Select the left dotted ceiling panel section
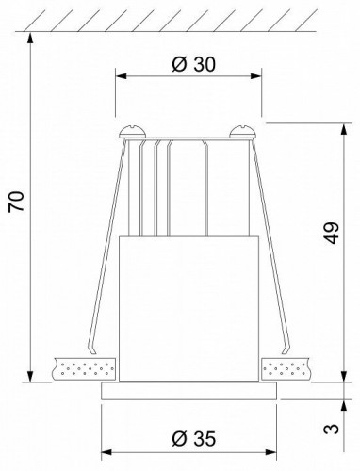click(x=85, y=369)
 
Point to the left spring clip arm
click(x=108, y=254)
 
